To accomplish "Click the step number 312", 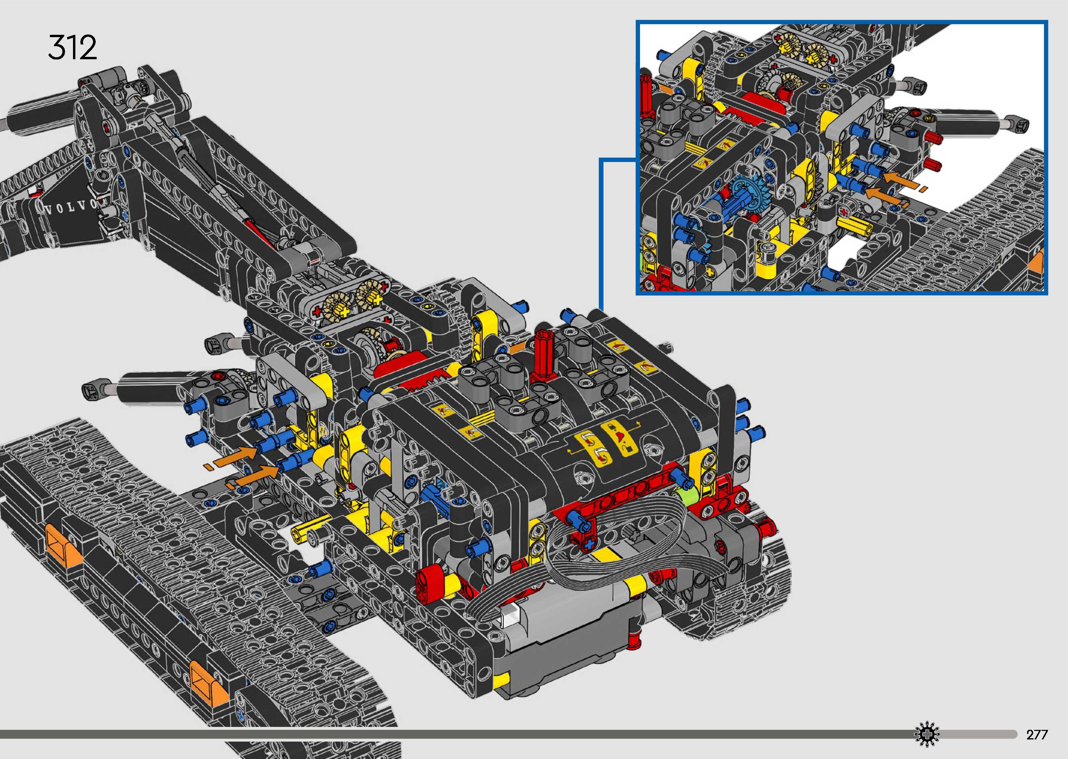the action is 72,47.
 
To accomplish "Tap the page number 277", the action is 1037,735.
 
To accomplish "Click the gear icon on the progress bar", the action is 926,734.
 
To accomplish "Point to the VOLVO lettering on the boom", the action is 75,207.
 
